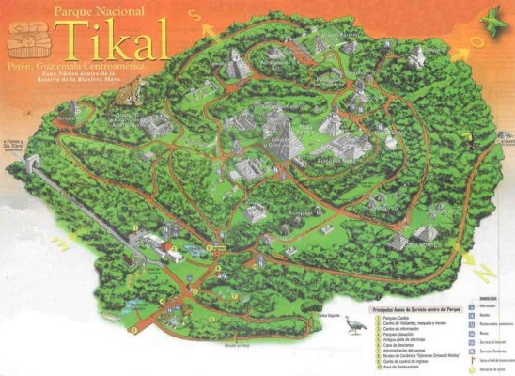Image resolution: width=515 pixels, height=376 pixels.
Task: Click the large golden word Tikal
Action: (x=114, y=39)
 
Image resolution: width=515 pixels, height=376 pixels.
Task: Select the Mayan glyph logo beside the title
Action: (x=27, y=41)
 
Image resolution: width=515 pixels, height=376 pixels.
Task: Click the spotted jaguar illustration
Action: (x=133, y=90)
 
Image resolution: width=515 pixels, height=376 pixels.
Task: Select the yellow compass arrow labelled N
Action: (x=483, y=272)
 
